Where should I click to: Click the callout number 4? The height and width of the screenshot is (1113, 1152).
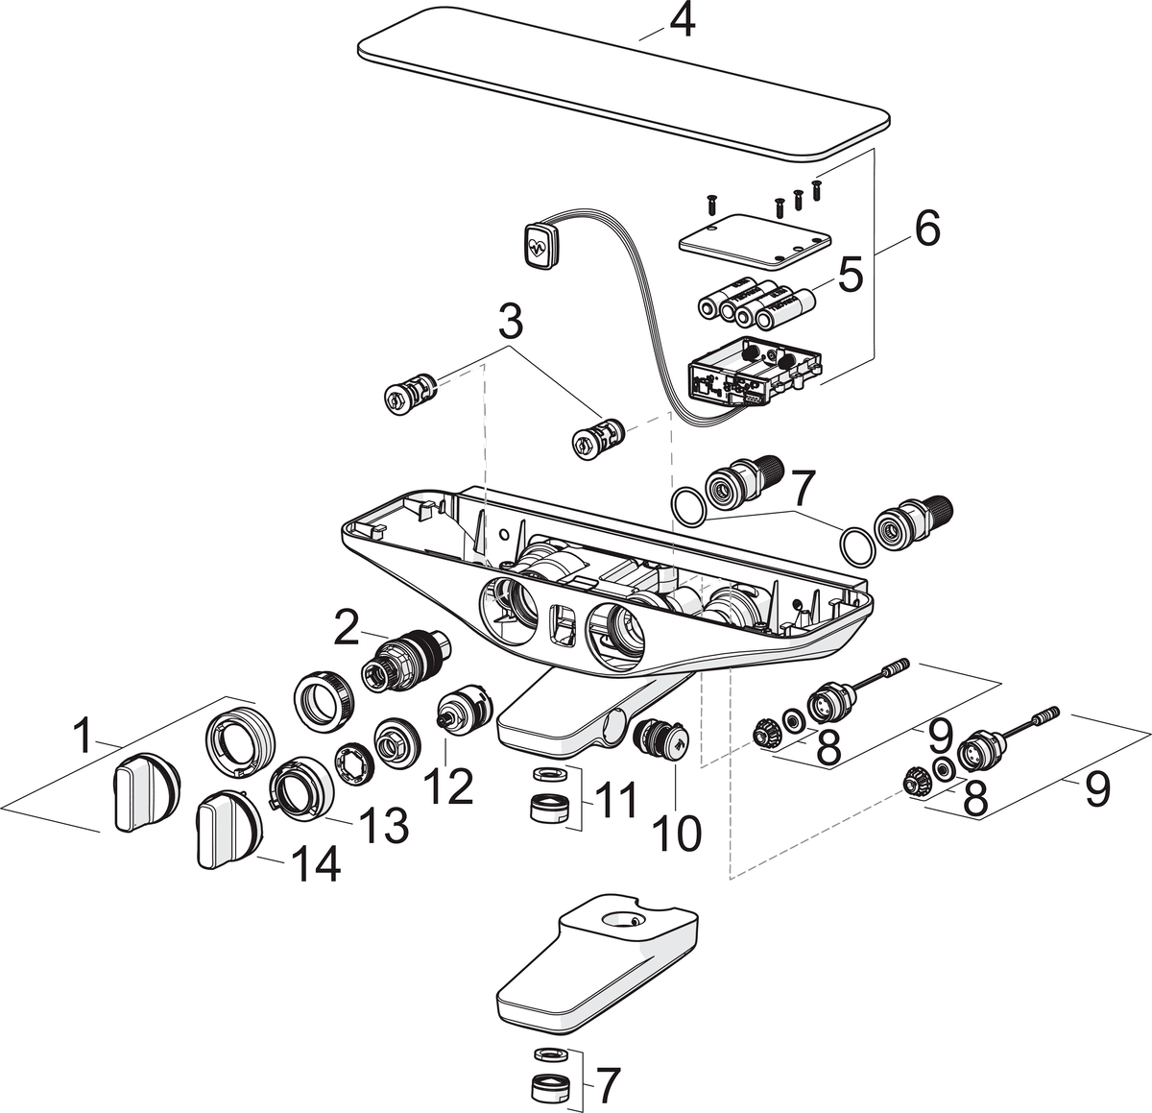click(681, 20)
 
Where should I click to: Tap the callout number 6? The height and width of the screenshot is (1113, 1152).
click(926, 229)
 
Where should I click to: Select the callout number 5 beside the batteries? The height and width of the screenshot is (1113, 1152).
click(849, 275)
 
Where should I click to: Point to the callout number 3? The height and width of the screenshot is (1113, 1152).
click(510, 323)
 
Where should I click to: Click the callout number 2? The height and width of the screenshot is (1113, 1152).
click(347, 629)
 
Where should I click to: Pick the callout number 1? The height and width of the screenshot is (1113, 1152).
click(85, 738)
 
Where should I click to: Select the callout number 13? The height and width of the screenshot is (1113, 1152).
click(382, 823)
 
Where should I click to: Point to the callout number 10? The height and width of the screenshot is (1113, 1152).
click(677, 832)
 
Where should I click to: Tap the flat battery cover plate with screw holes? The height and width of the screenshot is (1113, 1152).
click(754, 240)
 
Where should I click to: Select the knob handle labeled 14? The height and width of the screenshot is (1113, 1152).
click(227, 828)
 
